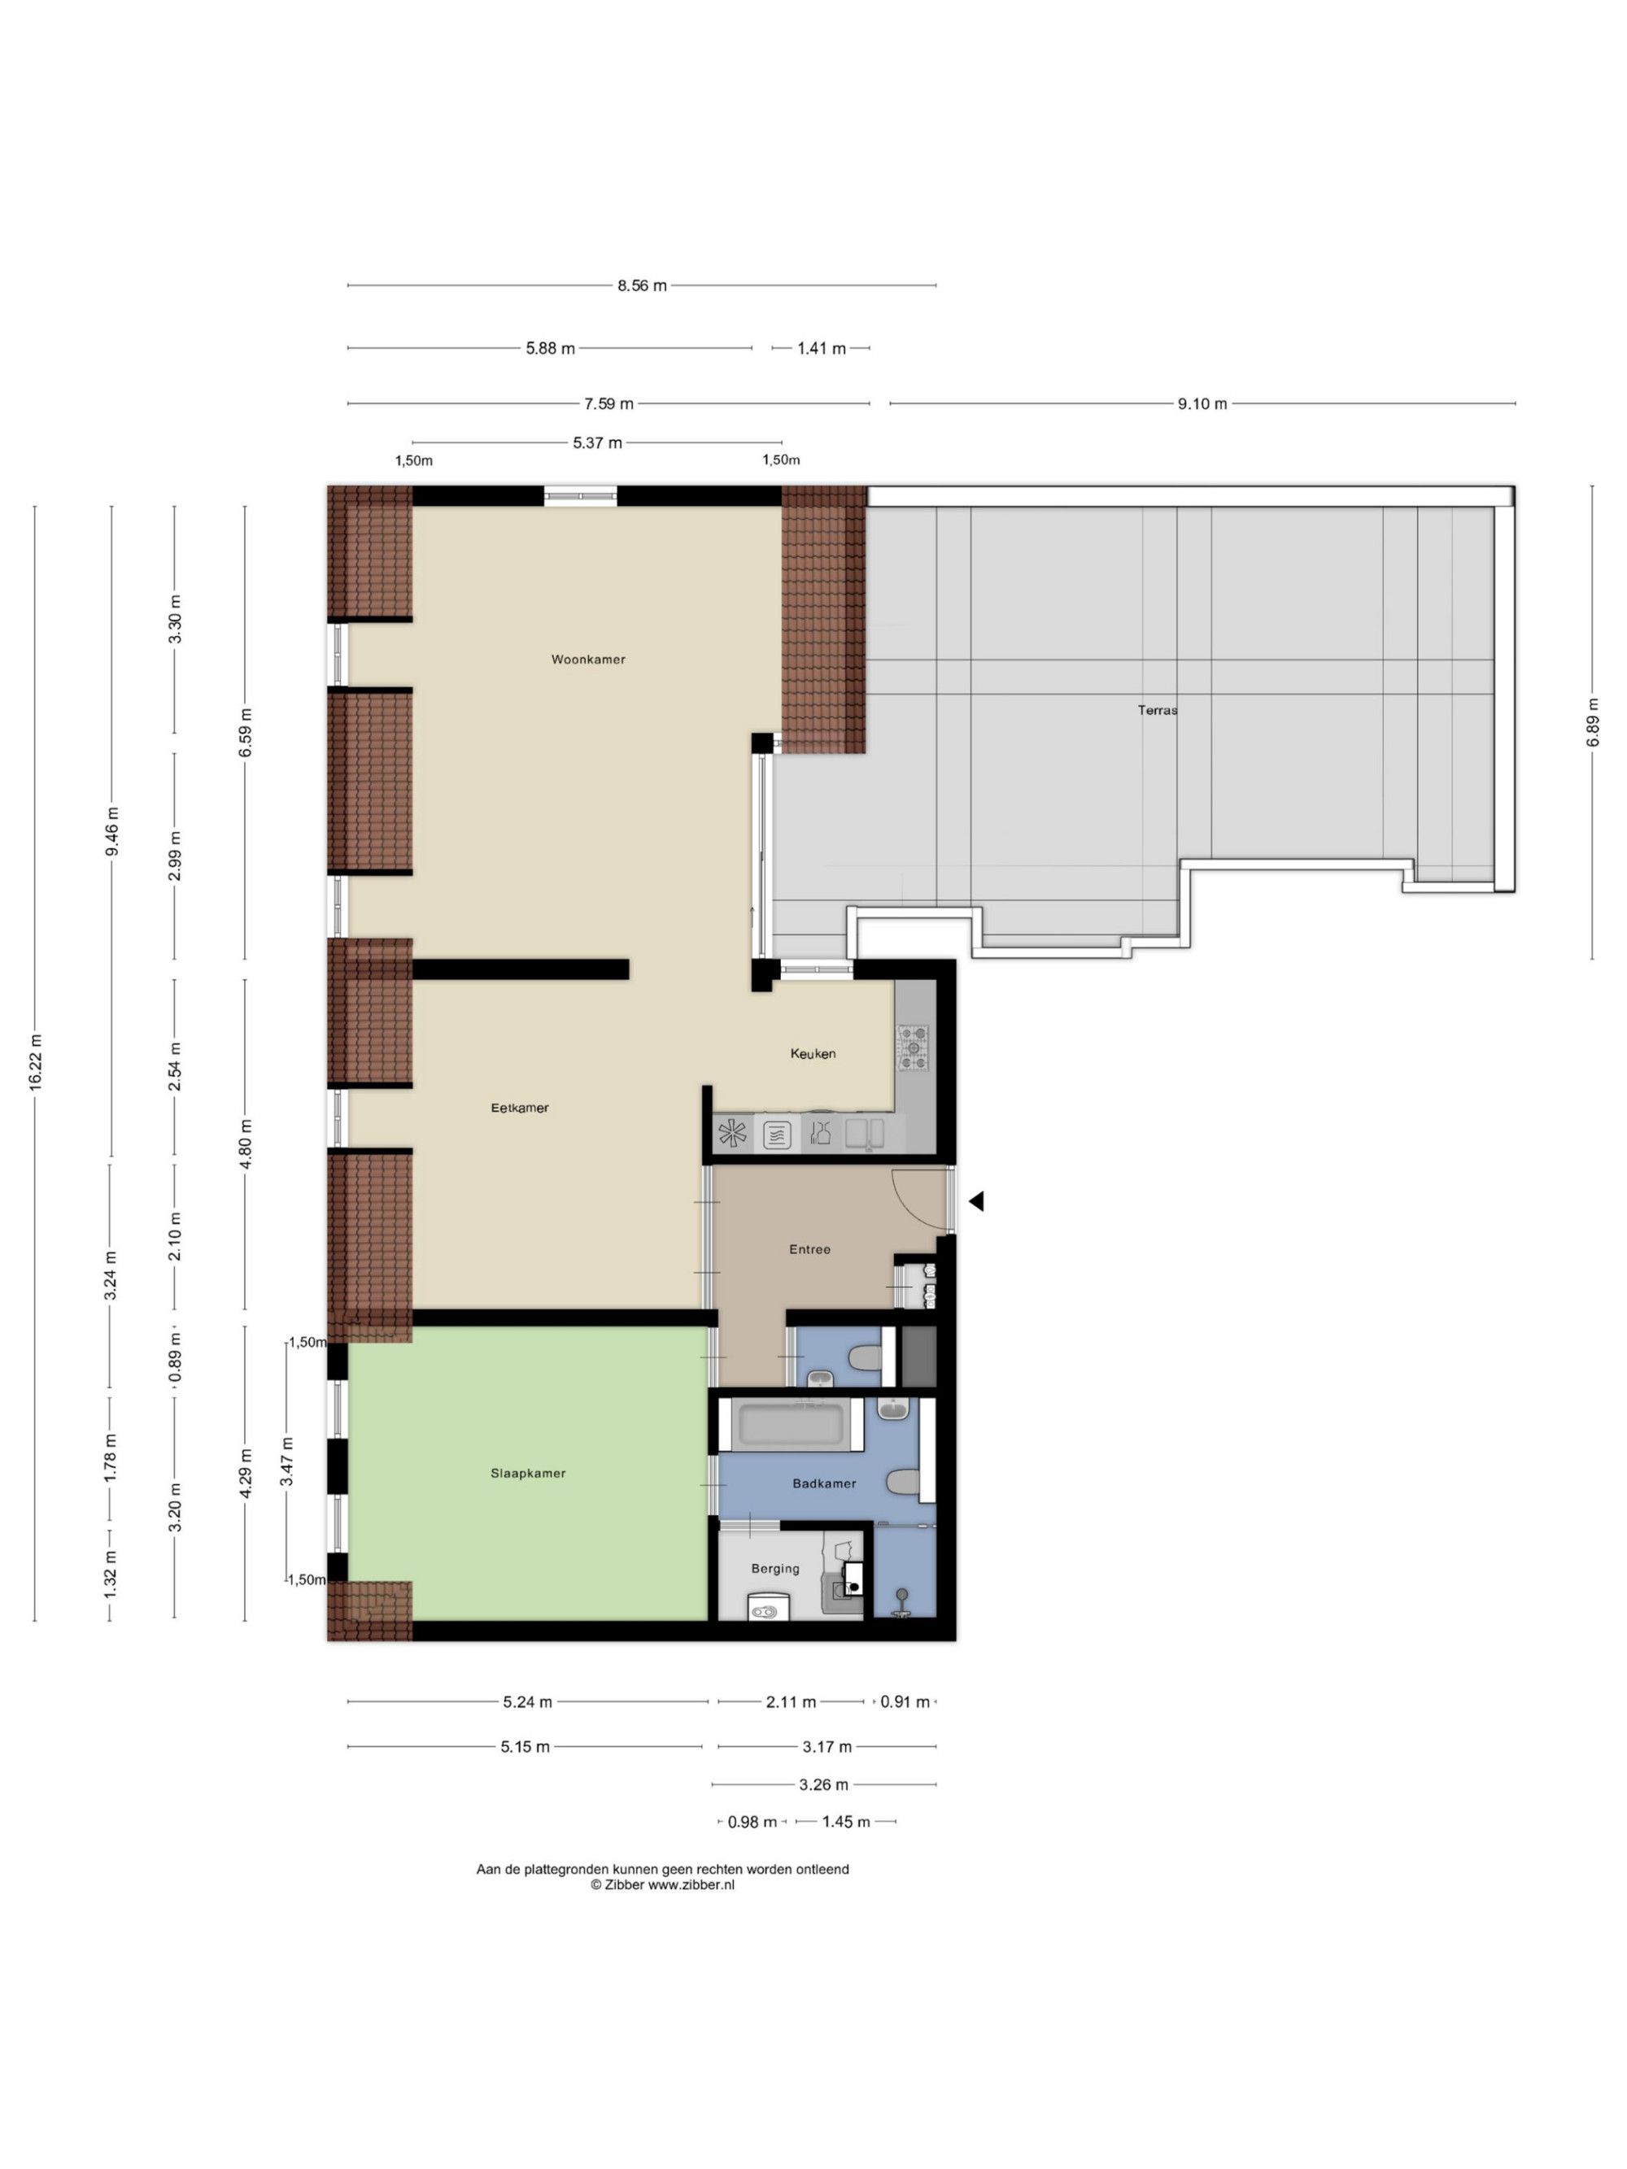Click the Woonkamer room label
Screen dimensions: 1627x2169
[587, 659]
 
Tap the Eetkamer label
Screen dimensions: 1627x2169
[520, 1108]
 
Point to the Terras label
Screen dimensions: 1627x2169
[1158, 710]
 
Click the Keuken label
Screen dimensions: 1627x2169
[813, 1053]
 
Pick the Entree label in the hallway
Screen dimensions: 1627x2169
[809, 1249]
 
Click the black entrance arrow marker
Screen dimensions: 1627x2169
[976, 1201]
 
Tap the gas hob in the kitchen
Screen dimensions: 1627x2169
[915, 1047]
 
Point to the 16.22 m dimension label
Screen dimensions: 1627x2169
[35, 1062]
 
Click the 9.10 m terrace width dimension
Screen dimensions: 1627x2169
[1202, 404]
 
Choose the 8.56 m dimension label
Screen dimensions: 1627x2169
[641, 286]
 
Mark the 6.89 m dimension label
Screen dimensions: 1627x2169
[1592, 721]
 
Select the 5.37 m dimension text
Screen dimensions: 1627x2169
[597, 443]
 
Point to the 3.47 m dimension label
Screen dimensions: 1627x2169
[286, 1461]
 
